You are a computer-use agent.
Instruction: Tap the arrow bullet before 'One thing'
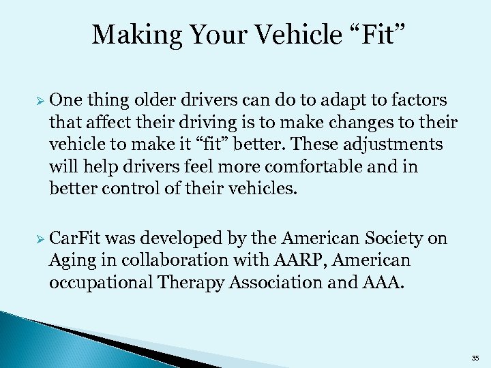[x=41, y=101]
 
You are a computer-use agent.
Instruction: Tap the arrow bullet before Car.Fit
[x=41, y=239]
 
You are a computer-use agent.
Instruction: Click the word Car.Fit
[x=74, y=239]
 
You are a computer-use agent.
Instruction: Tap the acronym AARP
[x=297, y=260]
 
